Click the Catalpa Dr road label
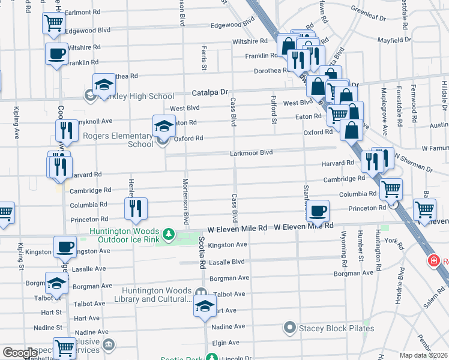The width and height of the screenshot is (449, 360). [211, 93]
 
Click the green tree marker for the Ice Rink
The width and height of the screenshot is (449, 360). [170, 233]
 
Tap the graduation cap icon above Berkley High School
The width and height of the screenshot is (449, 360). [104, 85]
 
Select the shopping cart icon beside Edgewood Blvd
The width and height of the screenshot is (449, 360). [54, 23]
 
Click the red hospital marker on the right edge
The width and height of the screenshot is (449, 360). [433, 261]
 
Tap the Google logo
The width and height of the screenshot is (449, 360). [20, 353]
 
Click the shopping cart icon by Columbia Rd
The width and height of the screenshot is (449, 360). [391, 190]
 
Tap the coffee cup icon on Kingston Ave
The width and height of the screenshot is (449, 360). [65, 246]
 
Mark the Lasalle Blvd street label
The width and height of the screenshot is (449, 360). [230, 262]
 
